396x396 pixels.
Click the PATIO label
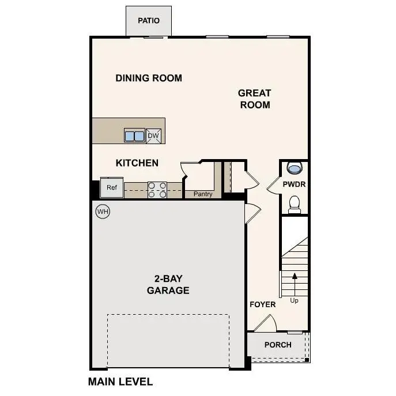coord(148,21)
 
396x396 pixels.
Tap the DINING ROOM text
coord(149,78)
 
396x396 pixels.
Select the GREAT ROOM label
coord(254,99)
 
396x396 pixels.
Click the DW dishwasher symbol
coord(153,136)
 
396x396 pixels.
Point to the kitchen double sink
coord(134,136)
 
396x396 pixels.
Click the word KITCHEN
coord(137,163)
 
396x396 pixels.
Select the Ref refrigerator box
coord(111,187)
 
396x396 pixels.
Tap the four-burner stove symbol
coord(157,190)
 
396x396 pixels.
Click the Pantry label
coord(203,194)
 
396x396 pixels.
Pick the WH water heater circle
coord(103,212)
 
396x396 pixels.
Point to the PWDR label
coord(294,184)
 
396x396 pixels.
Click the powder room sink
coord(294,168)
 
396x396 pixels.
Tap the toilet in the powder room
coord(294,204)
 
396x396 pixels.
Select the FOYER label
coord(262,304)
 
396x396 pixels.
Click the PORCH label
coord(278,345)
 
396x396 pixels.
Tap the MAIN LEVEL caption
coord(120,382)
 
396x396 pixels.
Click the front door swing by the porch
coord(265,323)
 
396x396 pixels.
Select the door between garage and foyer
coord(251,214)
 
